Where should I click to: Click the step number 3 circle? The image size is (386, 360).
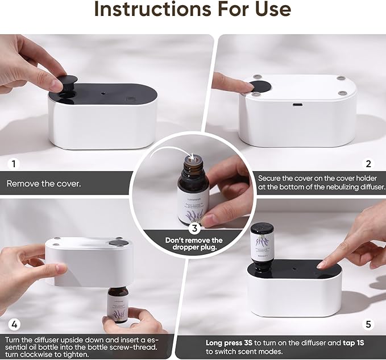pyautogui.click(x=193, y=229)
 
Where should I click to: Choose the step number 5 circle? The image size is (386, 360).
pyautogui.click(x=368, y=325)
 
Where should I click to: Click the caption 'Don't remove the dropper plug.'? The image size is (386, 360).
pyautogui.click(x=193, y=245)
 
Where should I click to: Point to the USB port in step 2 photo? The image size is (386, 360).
pyautogui.click(x=297, y=105)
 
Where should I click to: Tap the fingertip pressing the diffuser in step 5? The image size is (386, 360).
pyautogui.click(x=322, y=265)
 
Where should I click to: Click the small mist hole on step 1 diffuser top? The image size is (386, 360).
pyautogui.click(x=102, y=91)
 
